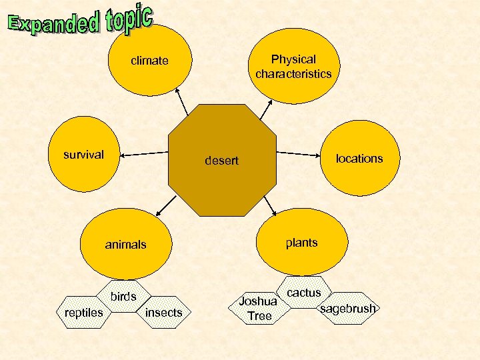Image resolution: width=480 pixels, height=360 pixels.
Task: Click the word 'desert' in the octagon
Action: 221,161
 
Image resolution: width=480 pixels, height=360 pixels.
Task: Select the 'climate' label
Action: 149,61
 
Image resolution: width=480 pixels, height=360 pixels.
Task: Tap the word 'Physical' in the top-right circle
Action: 293,59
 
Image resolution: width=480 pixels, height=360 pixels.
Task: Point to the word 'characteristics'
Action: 293,73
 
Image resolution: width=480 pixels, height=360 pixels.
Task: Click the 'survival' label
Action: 83,155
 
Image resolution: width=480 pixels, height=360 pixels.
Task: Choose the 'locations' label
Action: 359,158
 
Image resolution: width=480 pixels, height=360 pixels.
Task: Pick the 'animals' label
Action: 125,245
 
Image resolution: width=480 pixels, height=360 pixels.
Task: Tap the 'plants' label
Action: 301,242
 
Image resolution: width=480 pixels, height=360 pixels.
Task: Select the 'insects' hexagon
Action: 163,312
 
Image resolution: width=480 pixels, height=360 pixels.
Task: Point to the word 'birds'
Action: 123,296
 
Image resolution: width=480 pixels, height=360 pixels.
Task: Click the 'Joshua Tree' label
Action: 259,309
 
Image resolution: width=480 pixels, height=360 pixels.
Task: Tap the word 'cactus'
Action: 304,292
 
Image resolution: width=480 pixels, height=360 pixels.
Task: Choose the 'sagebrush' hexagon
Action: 348,308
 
